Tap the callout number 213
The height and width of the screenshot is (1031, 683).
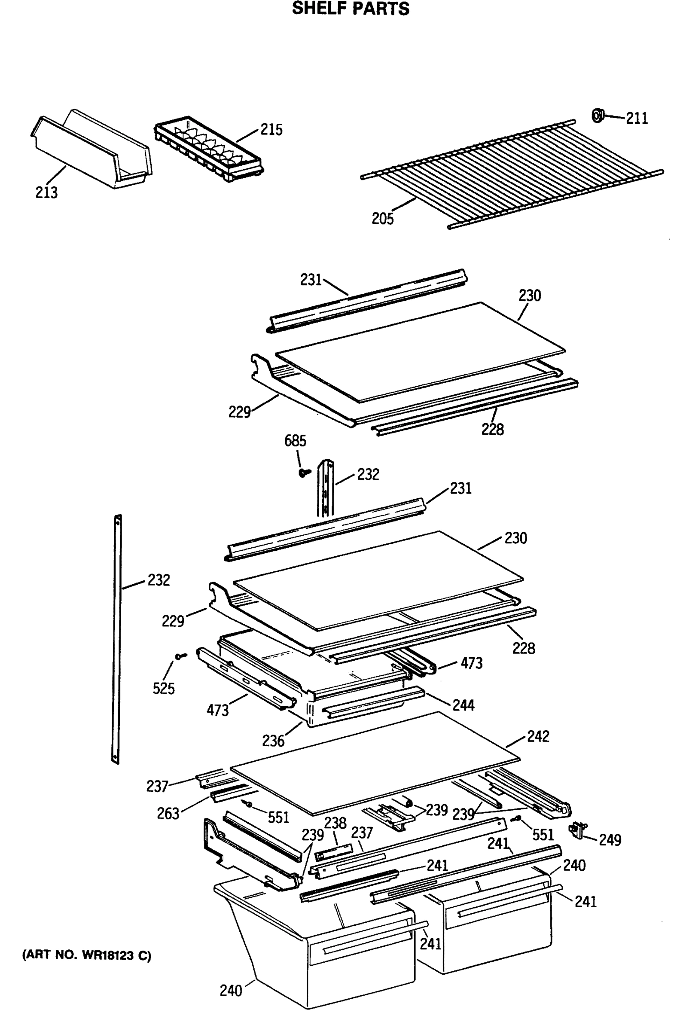click(x=46, y=192)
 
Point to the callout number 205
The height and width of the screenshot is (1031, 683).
click(x=382, y=218)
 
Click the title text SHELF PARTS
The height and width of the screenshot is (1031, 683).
click(x=350, y=9)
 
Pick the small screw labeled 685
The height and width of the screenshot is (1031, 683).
click(x=305, y=472)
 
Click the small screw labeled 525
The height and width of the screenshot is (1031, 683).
click(x=180, y=656)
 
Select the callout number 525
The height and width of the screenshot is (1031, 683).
click(x=163, y=688)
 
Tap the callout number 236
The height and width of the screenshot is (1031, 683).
click(x=273, y=741)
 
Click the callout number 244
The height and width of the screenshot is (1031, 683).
click(x=463, y=705)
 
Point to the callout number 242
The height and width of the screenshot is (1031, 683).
click(x=538, y=737)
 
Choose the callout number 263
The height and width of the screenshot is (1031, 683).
click(x=168, y=813)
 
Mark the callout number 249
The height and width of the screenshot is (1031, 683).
click(x=610, y=840)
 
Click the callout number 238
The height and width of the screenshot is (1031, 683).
click(x=335, y=823)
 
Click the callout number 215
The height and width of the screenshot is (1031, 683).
click(x=271, y=129)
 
